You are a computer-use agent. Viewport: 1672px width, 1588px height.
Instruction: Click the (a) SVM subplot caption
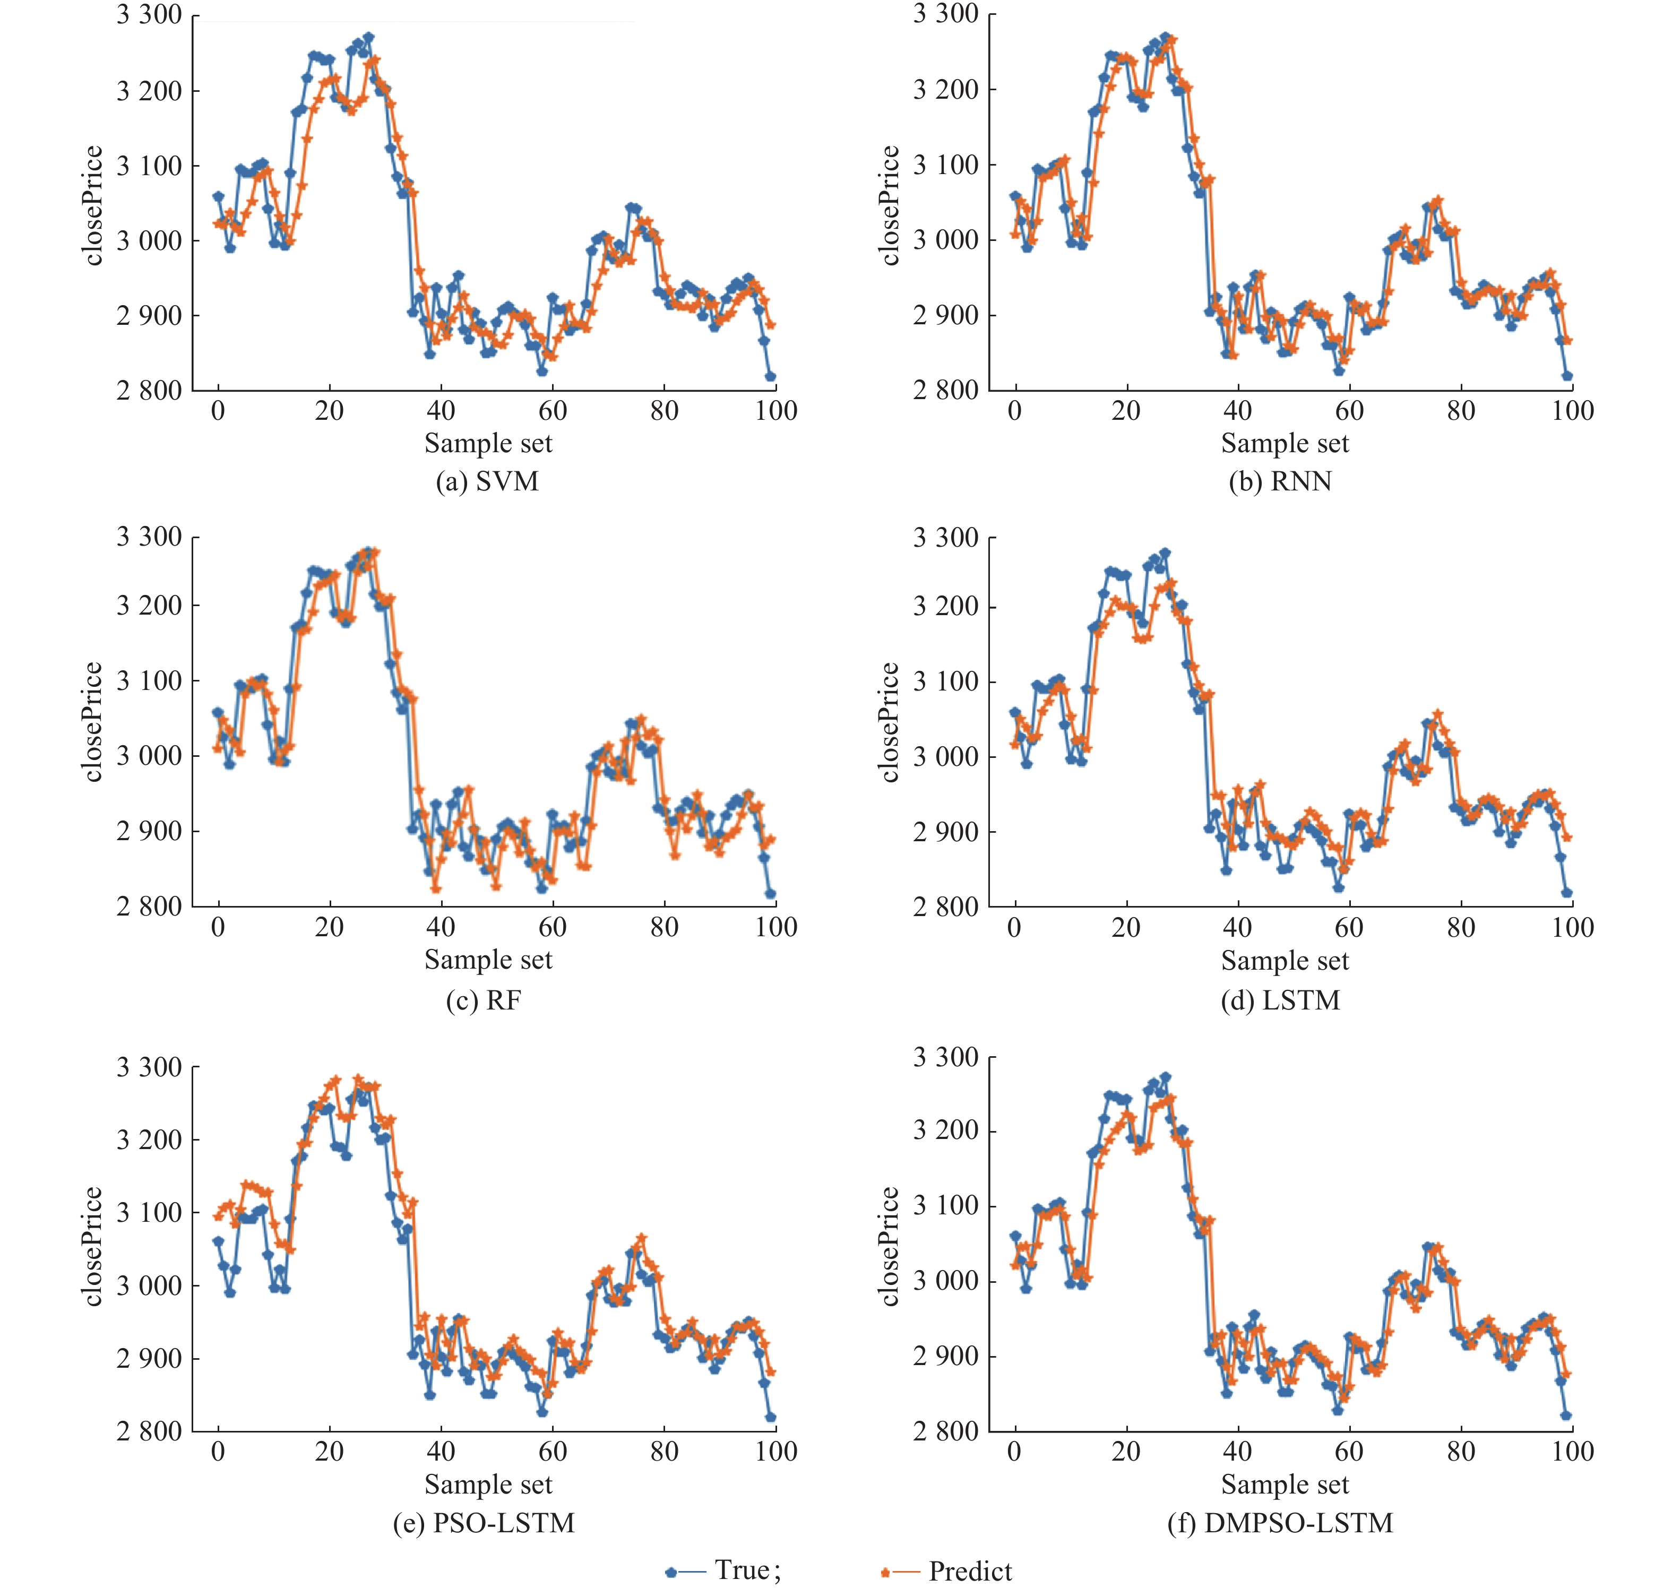[x=487, y=481]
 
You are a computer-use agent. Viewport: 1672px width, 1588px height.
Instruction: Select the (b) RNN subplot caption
[x=1280, y=481]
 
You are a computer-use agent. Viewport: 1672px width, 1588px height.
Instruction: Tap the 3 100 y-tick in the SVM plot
[x=149, y=166]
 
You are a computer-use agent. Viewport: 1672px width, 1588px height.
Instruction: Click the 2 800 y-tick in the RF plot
[x=149, y=907]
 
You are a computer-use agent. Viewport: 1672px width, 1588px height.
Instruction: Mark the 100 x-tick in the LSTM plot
[x=1572, y=928]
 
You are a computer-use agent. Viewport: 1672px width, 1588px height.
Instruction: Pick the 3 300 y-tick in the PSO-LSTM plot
[x=149, y=1067]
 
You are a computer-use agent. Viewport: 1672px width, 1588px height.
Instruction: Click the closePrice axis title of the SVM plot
[x=93, y=206]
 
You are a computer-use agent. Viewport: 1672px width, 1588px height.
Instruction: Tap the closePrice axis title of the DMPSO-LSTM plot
[x=889, y=1246]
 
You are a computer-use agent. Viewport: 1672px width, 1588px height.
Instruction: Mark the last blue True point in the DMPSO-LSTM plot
[x=1566, y=1416]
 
